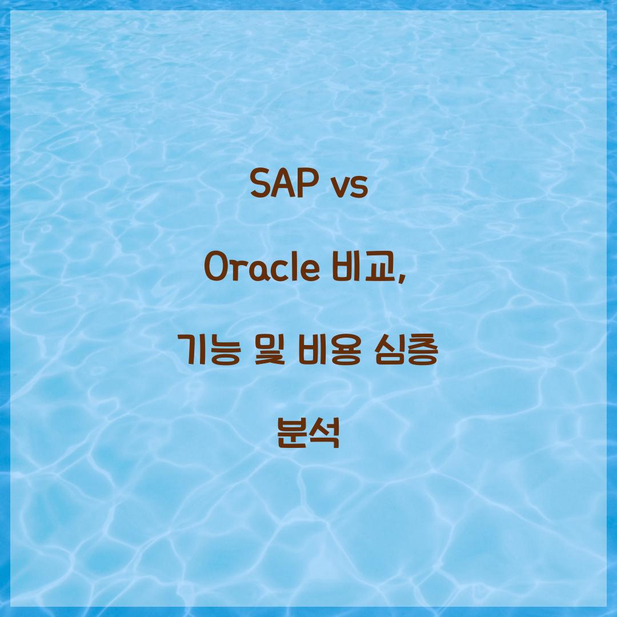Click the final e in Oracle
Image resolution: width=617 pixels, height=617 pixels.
[x=310, y=271]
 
